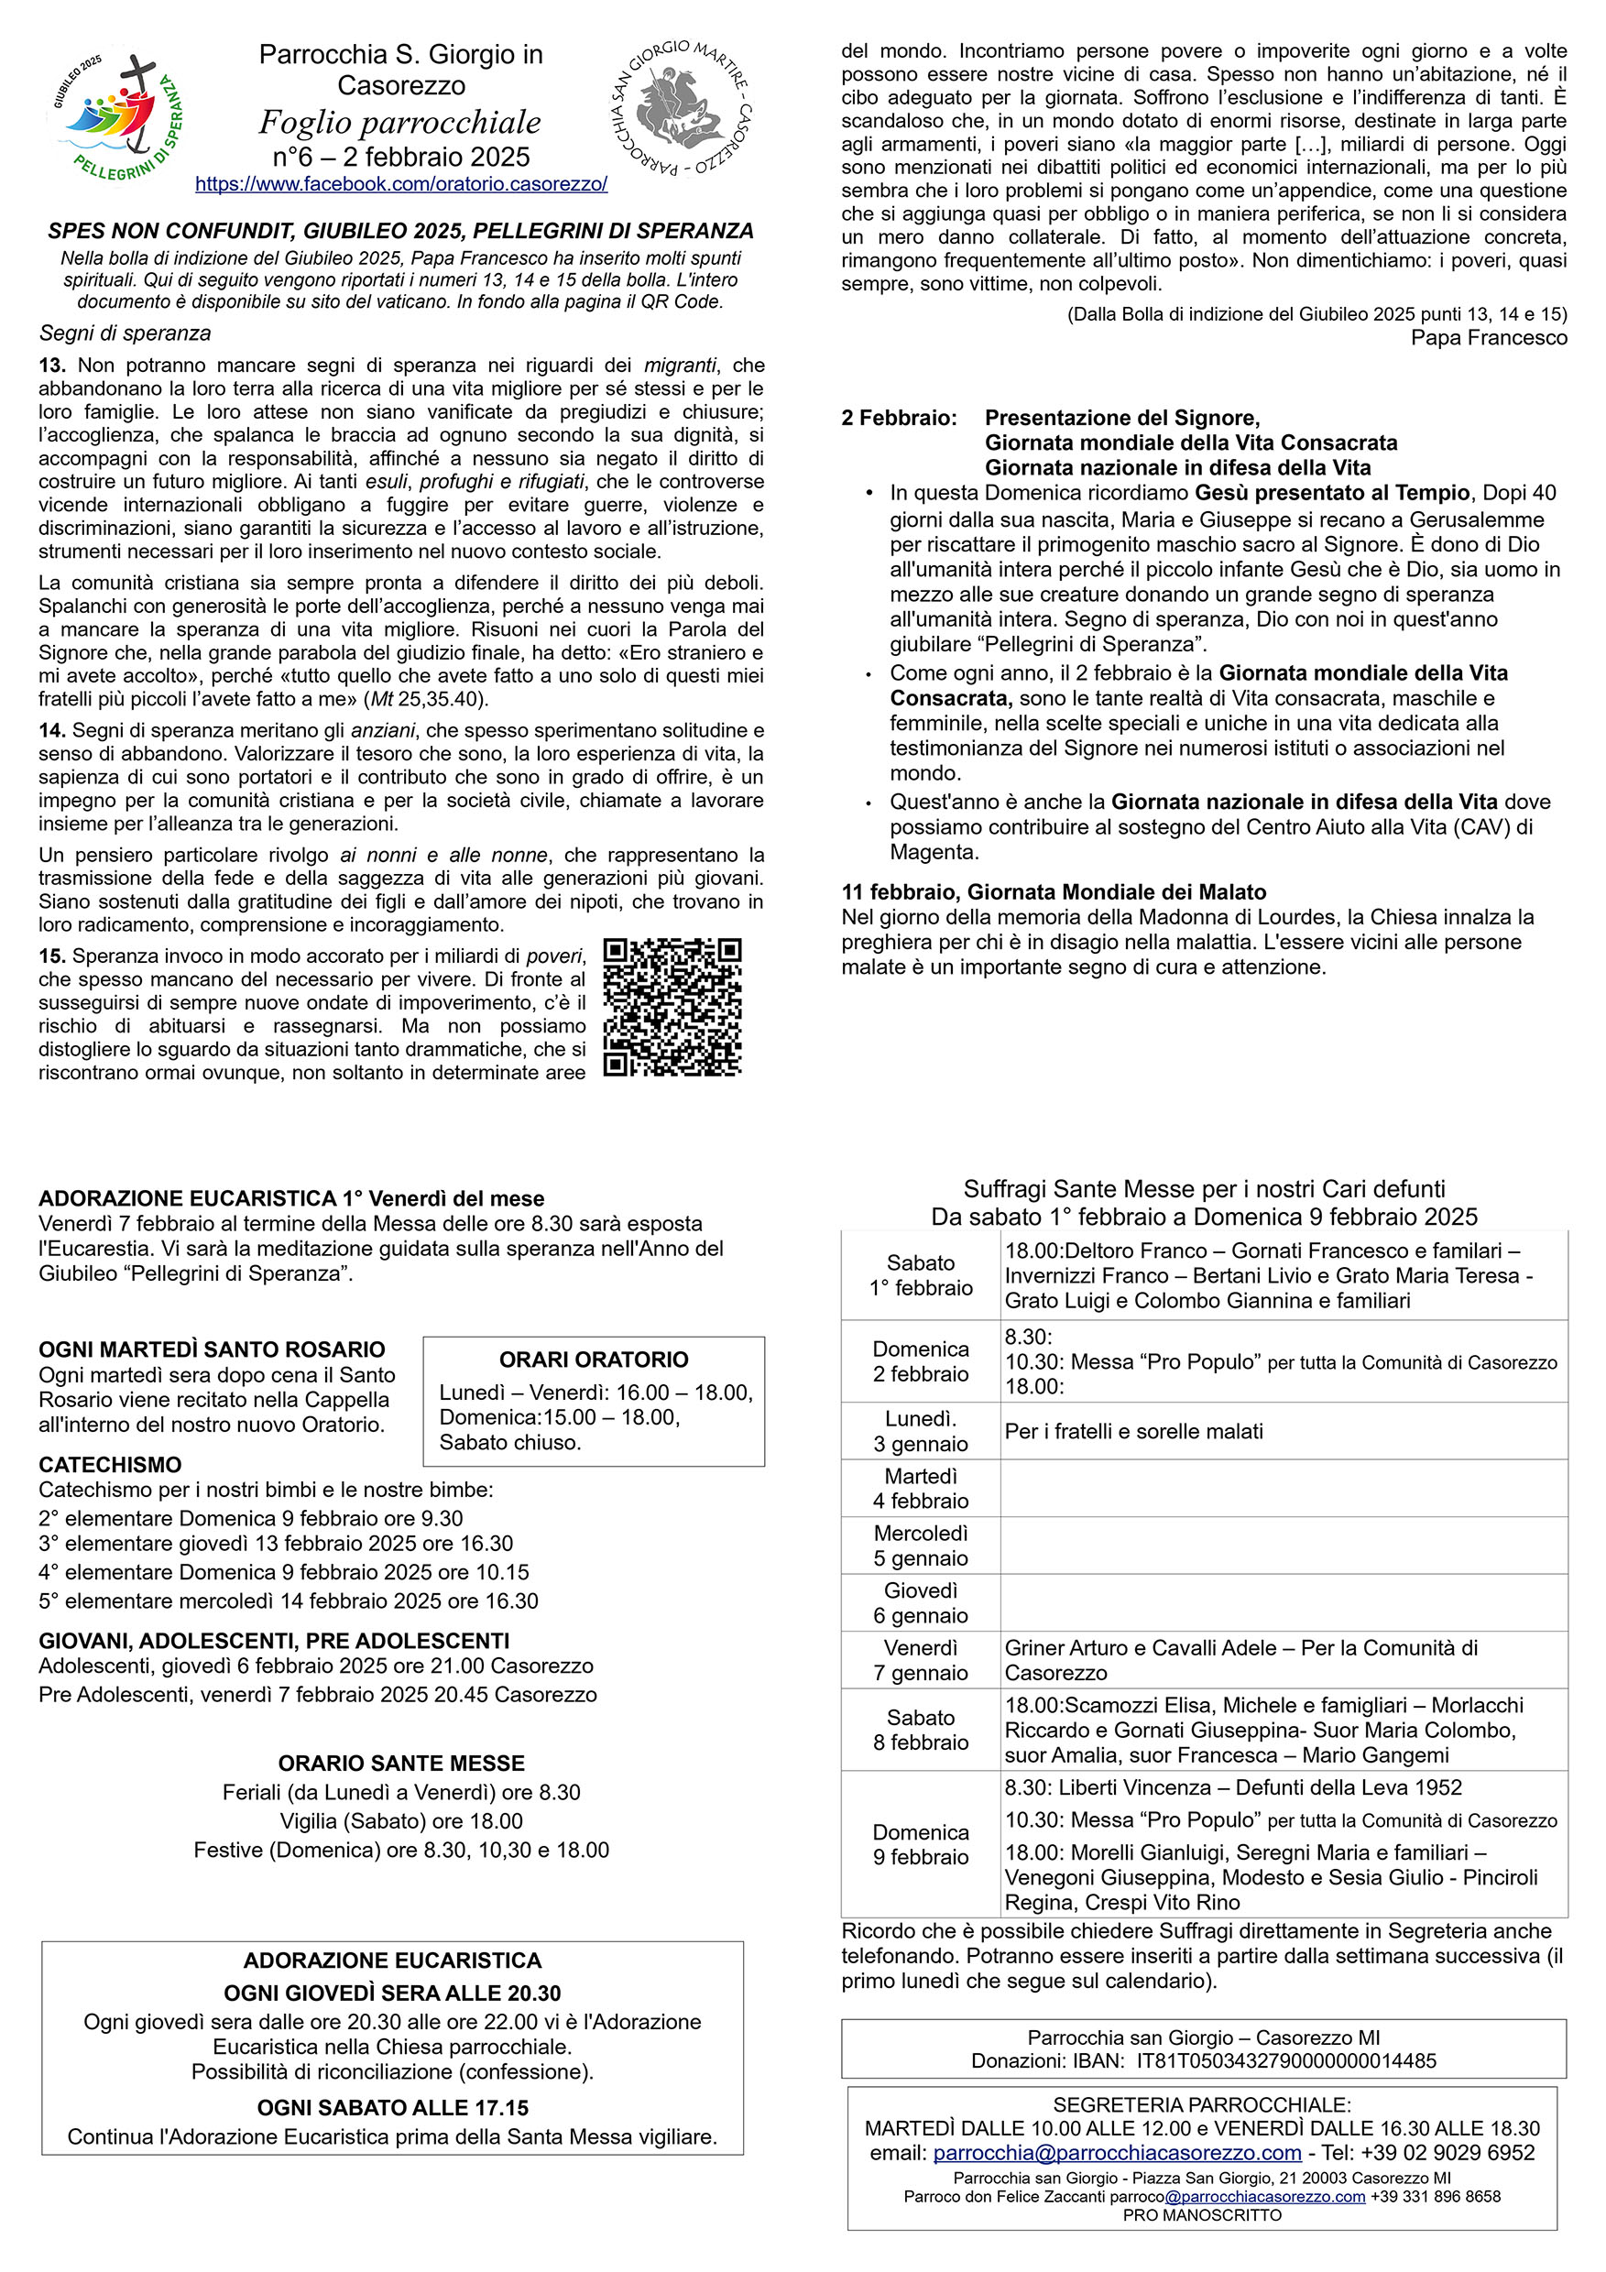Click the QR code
pos(672,1007)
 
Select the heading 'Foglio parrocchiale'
pos(399,123)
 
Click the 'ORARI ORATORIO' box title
pos(593,1360)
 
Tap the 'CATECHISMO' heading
pos(110,1465)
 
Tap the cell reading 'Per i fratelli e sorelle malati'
pos(1133,1431)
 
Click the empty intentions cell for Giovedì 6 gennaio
pos(1283,1603)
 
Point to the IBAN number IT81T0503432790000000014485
pos(1285,2061)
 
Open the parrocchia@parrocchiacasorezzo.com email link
pos(1116,2153)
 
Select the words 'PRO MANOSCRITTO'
pos(1201,2215)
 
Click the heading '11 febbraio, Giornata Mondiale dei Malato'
pos(1053,891)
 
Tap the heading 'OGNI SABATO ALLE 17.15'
pos(392,2108)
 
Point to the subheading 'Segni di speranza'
pos(125,333)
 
